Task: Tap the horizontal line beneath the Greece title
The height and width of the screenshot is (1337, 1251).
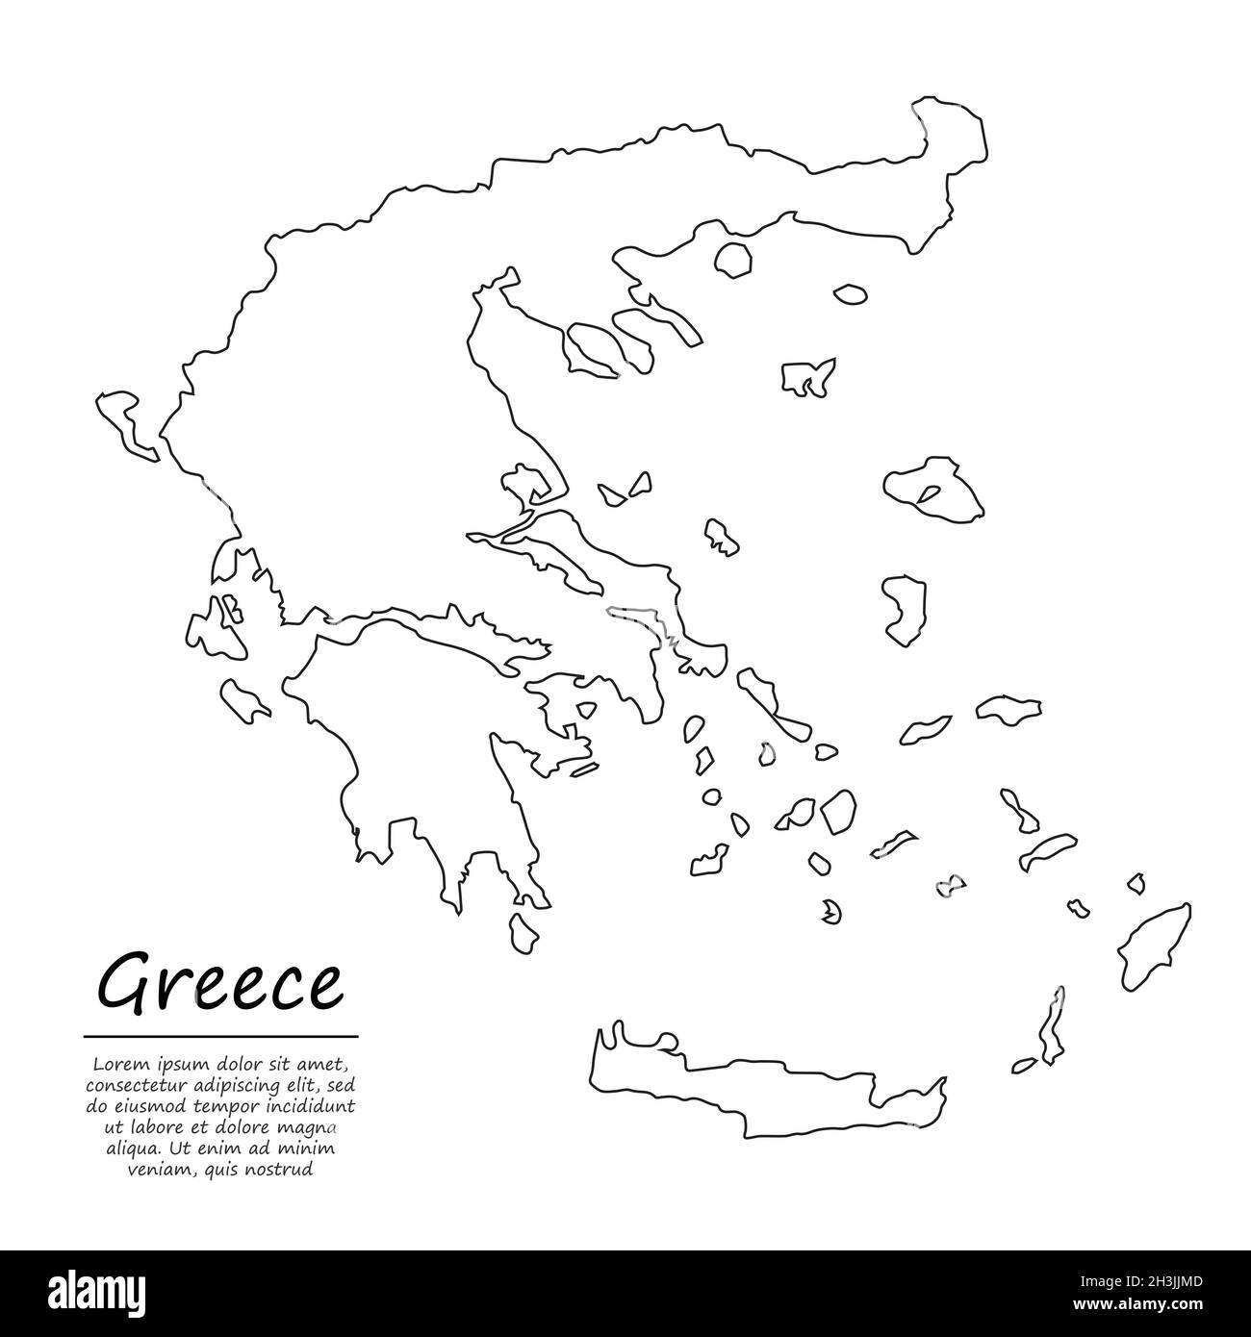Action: [x=220, y=1037]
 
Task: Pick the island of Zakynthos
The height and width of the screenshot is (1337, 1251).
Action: [x=244, y=699]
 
